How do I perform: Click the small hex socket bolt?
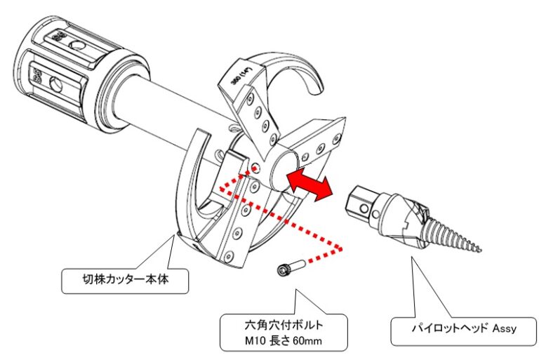point(288,269)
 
